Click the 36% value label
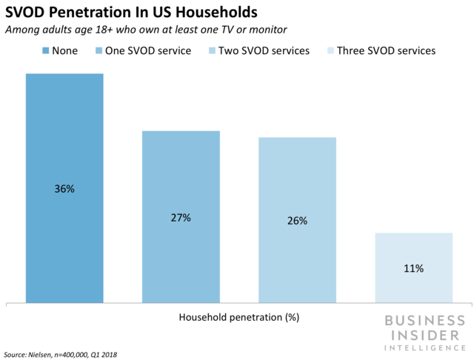coord(64,189)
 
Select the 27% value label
coord(181,218)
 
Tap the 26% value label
coord(297,221)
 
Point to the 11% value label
coord(413,268)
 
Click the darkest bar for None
coord(64,133)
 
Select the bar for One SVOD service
coord(181,170)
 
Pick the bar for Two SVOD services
coord(297,178)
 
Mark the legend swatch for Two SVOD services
coord(206,51)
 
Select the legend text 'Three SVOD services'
coord(386,51)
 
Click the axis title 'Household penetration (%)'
coord(238,317)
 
